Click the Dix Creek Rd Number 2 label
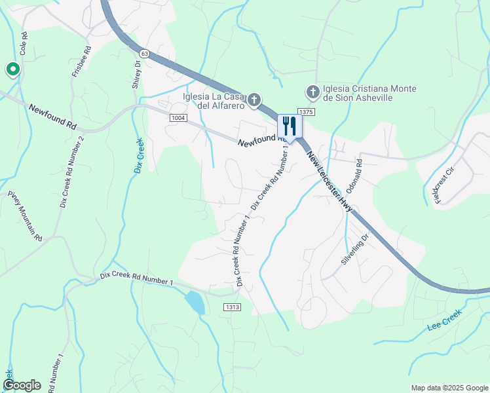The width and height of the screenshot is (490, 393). click(72, 172)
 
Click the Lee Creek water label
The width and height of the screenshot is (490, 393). click(445, 319)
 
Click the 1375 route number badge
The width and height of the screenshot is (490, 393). click(307, 113)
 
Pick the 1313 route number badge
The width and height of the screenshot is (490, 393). click(232, 307)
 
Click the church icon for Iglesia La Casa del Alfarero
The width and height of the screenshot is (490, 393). click(254, 101)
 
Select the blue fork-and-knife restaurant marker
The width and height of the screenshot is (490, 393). click(290, 126)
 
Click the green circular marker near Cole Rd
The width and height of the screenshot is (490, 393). click(12, 69)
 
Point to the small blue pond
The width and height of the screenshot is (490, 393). click(194, 302)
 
